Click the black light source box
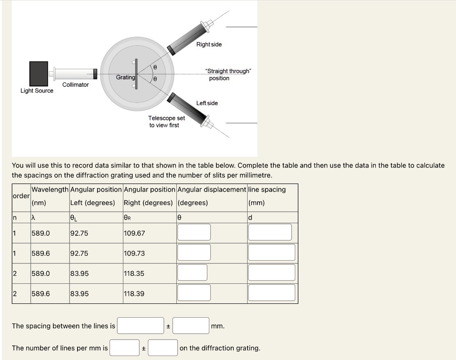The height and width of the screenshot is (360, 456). (x=39, y=74)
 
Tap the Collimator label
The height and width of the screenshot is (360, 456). (x=75, y=85)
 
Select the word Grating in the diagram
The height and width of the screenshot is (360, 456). (x=125, y=78)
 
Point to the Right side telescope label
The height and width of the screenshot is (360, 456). (x=209, y=45)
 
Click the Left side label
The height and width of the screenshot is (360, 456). (x=207, y=103)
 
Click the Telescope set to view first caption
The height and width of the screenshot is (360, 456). (x=166, y=122)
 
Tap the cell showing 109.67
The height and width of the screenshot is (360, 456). (x=134, y=233)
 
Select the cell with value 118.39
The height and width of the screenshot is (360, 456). (x=134, y=294)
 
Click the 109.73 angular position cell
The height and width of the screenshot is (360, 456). (x=134, y=253)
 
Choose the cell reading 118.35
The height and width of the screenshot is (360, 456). (x=134, y=273)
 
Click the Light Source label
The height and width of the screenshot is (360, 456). (x=37, y=91)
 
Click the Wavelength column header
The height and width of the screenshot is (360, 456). (x=50, y=190)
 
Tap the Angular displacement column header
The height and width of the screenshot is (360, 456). (x=212, y=190)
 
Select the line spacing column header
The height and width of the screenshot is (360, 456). (x=267, y=190)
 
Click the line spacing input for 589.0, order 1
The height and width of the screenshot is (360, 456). (x=270, y=232)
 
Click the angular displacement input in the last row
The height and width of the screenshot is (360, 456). (x=193, y=293)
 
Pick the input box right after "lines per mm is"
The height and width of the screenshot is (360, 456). (x=125, y=348)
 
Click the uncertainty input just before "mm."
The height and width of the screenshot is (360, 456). (x=191, y=326)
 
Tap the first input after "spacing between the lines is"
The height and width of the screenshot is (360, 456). (x=141, y=326)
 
